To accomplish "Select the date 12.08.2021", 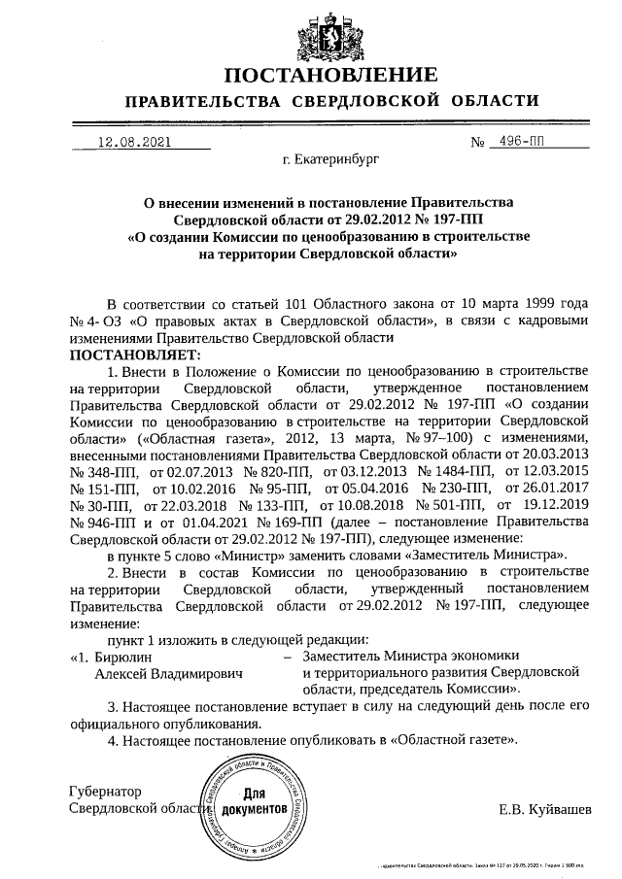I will pyautogui.click(x=134, y=141).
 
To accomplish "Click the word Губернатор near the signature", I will pyautogui.click(x=107, y=791).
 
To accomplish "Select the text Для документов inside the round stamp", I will pyautogui.click(x=255, y=800).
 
